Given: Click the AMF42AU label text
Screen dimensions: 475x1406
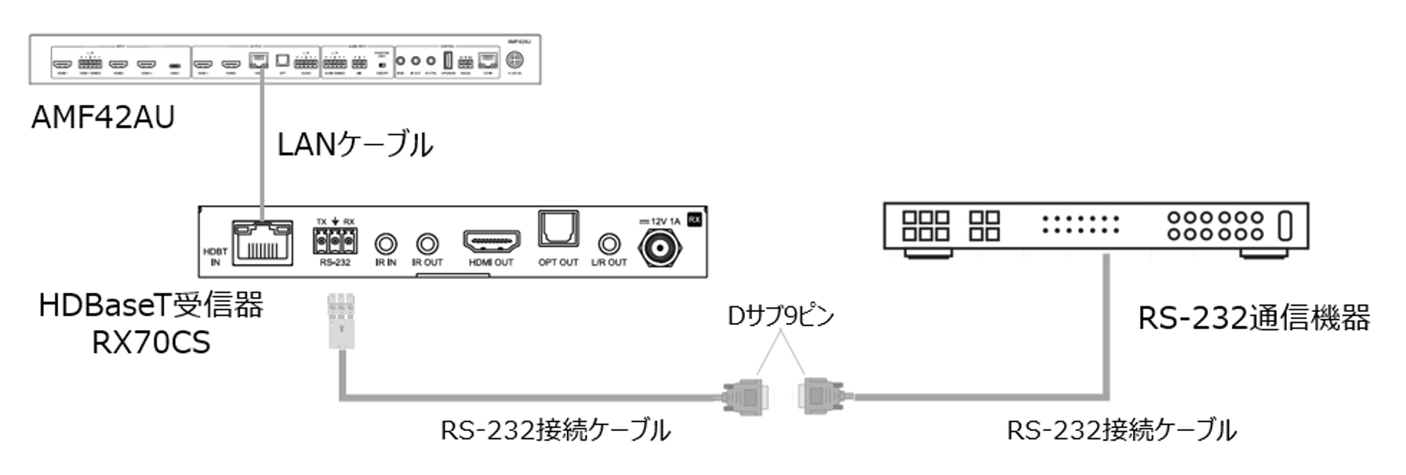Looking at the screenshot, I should coord(103,118).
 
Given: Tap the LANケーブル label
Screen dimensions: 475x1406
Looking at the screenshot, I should coord(354,145).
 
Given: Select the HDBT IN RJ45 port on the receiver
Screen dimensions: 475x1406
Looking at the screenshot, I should coord(262,242).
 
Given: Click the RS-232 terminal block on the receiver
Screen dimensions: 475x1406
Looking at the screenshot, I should coord(335,243).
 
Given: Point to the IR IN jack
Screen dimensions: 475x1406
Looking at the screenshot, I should coord(386,244).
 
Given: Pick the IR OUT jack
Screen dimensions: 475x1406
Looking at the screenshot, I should coord(427,244).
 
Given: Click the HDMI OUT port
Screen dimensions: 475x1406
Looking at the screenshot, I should coord(492,241).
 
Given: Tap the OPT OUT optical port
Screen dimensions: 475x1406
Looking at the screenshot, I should coord(558,230).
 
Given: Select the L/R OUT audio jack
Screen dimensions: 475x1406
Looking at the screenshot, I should coord(609,244).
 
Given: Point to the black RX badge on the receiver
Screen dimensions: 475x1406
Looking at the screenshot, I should coord(694,220).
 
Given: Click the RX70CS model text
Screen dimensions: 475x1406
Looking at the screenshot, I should coord(151,343).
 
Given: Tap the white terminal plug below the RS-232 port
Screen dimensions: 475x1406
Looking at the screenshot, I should coord(340,321).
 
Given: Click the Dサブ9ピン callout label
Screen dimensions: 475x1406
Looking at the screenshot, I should coord(780,315).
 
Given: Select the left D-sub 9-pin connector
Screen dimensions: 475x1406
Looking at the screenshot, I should coord(743,397).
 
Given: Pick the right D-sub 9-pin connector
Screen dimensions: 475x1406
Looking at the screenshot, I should coord(822,397).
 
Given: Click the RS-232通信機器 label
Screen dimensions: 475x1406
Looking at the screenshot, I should coord(1253,318).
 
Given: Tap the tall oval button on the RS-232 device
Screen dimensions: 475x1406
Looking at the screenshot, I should coord(1284,226).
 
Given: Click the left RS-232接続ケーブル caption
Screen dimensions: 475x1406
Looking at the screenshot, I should coord(555,430).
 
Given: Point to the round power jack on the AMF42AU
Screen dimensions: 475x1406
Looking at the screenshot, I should coord(515,60).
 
